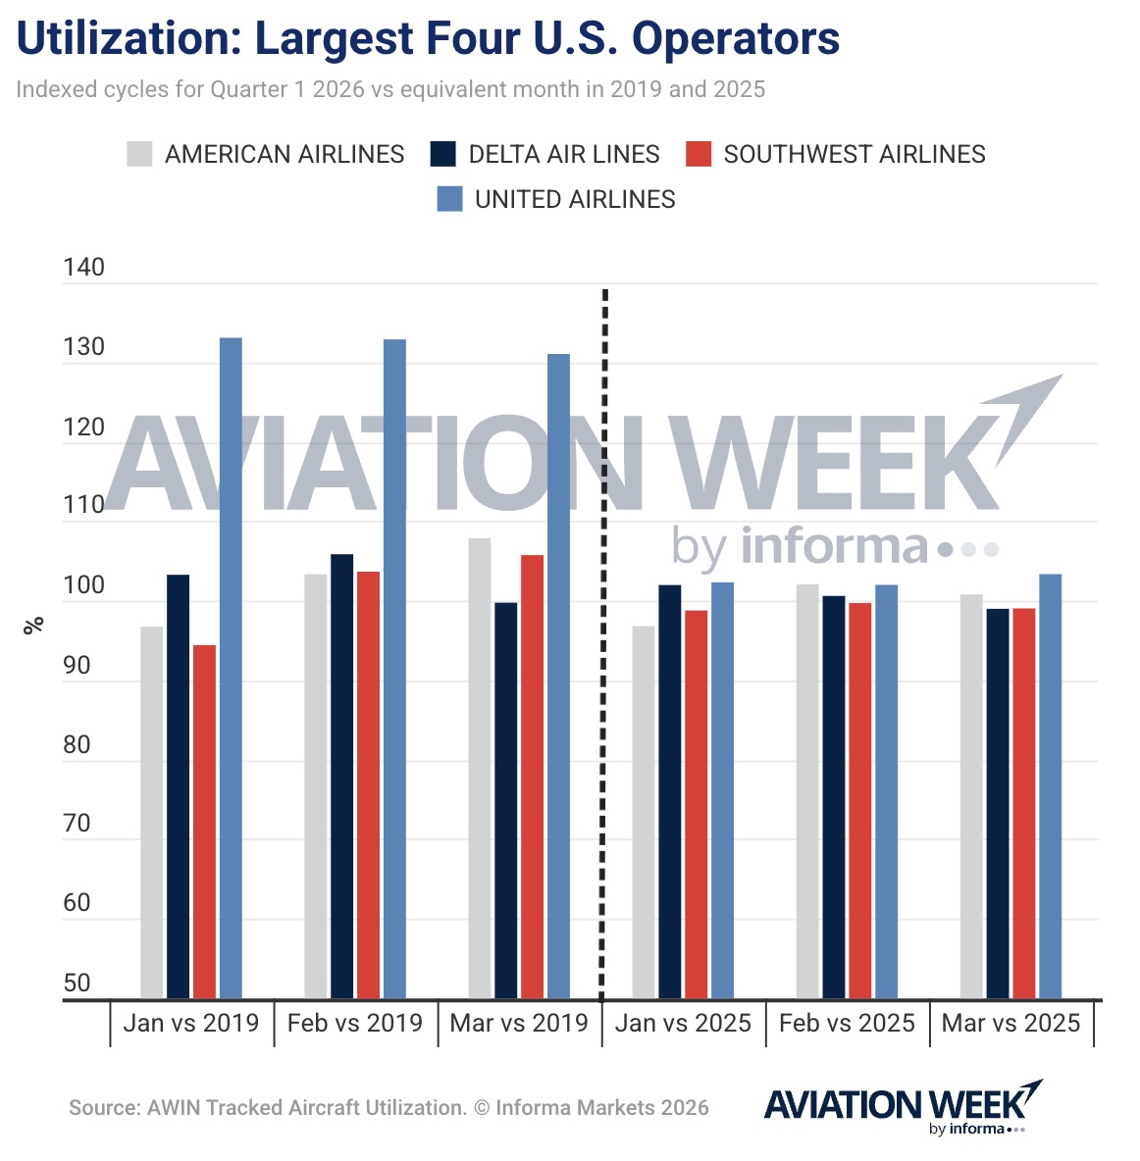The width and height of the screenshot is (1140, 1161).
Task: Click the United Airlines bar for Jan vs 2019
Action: pos(231,668)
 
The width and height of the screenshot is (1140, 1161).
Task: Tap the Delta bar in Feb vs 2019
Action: pos(341,776)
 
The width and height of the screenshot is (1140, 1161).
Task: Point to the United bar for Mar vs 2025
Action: pos(1050,785)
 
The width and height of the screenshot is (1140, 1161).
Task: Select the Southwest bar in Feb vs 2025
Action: pos(859,800)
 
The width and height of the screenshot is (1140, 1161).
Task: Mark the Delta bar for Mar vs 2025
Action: pos(998,803)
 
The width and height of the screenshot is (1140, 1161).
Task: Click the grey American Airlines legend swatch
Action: pos(139,154)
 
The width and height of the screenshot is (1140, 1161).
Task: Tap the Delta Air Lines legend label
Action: pos(563,154)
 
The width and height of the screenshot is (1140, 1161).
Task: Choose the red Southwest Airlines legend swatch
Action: pos(698,154)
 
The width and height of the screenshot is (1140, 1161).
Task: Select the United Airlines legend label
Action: pos(575,199)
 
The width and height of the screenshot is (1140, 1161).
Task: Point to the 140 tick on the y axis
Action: pos(83,268)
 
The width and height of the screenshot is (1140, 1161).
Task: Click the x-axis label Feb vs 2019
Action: pos(354,1023)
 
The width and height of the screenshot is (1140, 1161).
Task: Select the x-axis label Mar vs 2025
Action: pos(1010,1023)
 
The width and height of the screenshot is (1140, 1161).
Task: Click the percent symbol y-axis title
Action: pos(33,625)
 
